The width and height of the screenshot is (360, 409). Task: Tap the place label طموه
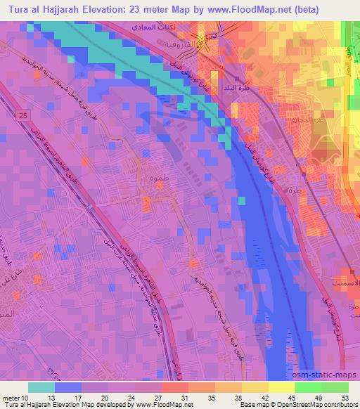coord(159,179)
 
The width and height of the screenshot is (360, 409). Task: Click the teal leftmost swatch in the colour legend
coord(41,387)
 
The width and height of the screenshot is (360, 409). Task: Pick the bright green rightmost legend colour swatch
coord(335,387)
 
